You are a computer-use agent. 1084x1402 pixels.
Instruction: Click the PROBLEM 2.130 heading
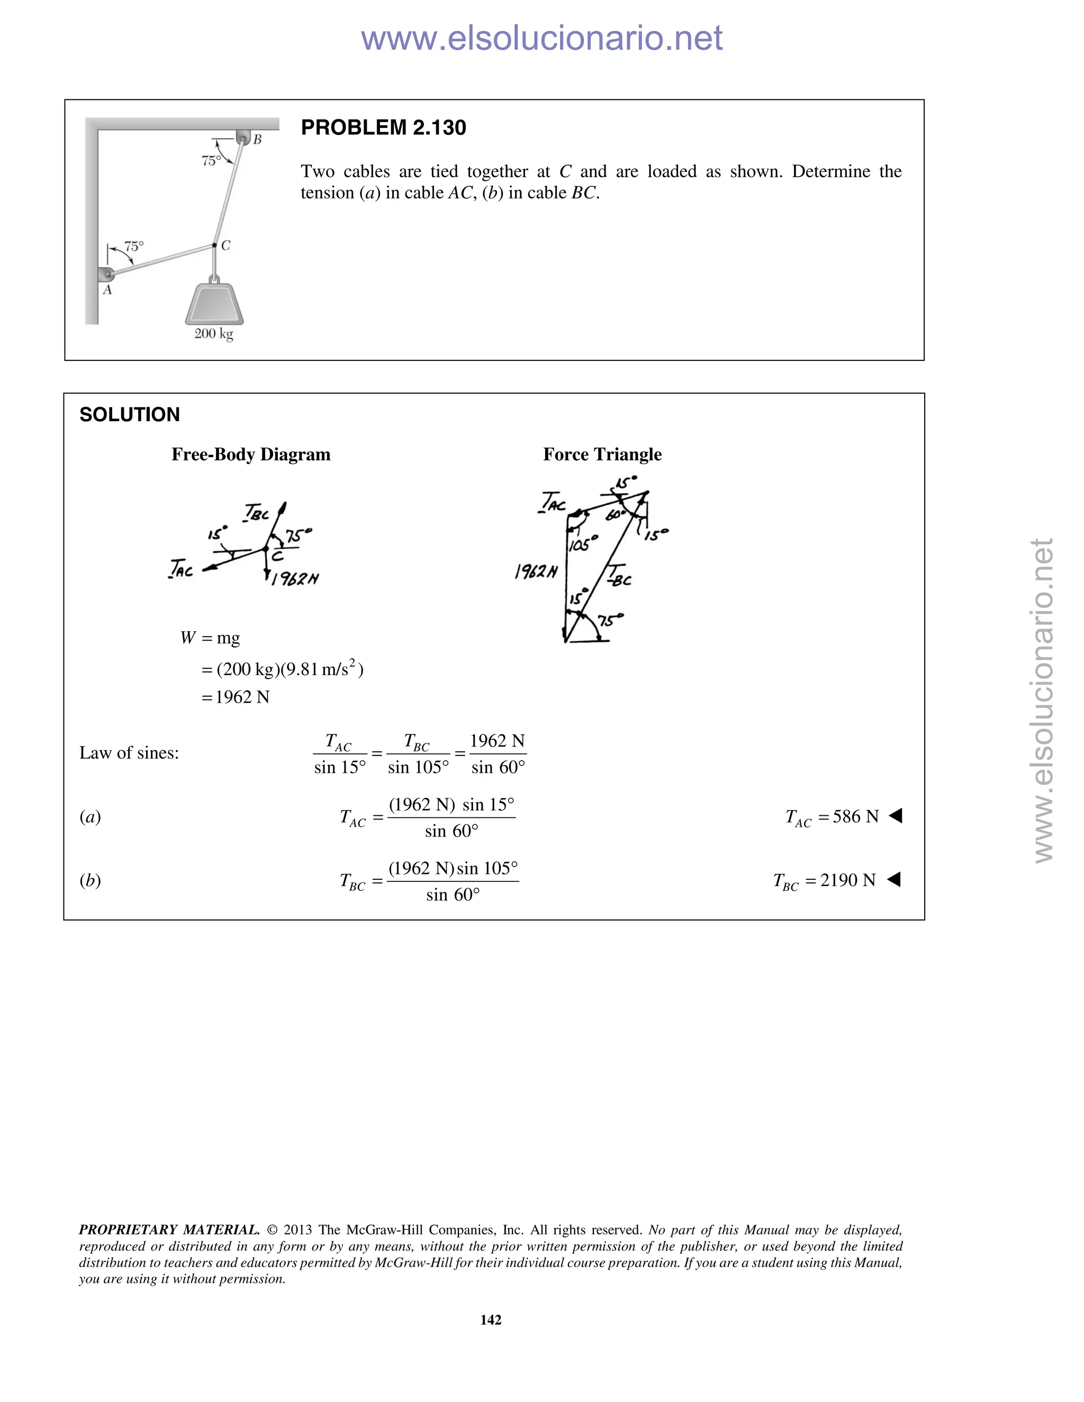tap(383, 128)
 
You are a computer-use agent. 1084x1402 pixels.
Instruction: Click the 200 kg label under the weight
tap(214, 334)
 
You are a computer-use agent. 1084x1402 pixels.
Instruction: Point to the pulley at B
tap(243, 138)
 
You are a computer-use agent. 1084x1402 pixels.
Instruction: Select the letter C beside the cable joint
tap(225, 246)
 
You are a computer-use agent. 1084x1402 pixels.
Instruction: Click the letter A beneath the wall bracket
tap(107, 290)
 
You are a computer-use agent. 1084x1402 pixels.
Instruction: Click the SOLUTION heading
tap(130, 415)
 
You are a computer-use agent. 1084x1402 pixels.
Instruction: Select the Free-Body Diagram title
tap(250, 454)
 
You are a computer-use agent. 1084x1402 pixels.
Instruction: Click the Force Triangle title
tap(602, 454)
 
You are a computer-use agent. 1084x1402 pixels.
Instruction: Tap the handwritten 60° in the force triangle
tap(615, 515)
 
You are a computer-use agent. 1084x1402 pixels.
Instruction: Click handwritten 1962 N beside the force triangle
tap(536, 571)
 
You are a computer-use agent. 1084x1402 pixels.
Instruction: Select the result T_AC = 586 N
tap(832, 817)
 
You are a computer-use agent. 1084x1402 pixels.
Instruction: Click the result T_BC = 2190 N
tap(825, 881)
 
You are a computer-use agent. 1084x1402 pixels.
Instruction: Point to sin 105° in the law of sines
tap(418, 767)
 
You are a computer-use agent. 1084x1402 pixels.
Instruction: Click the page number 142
tap(491, 1320)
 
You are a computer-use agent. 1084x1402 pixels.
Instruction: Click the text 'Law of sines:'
tap(129, 753)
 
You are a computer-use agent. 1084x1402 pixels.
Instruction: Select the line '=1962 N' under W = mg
tap(236, 697)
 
